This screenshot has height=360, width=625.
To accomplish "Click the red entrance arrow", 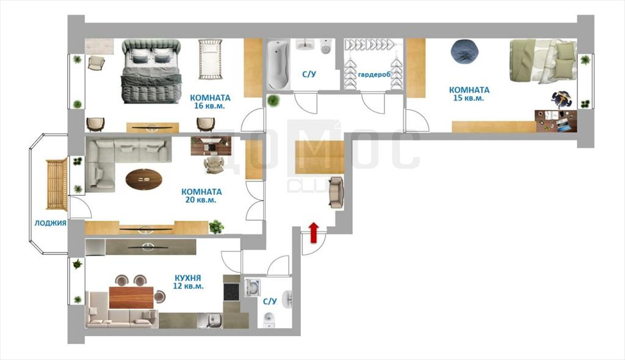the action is tap(314, 232).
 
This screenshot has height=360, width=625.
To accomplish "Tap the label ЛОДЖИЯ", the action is tap(50, 223).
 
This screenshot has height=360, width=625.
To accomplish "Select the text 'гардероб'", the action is tap(374, 74).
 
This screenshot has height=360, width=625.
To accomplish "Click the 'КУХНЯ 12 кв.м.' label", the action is tap(188, 282).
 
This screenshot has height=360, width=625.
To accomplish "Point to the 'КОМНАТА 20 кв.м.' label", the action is tap(201, 196).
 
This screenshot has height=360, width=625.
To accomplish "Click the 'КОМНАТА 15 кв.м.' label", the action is tap(469, 94).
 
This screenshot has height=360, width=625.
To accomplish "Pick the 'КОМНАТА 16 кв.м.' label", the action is tap(210, 102).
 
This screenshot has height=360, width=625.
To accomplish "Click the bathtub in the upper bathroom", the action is tap(278, 65).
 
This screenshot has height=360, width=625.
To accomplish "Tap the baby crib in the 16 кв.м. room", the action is tap(210, 59).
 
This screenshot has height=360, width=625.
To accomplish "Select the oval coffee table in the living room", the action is tap(144, 179).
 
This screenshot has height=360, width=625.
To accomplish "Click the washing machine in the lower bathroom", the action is tap(252, 287).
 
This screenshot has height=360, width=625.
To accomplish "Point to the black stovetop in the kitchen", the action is tap(231, 292).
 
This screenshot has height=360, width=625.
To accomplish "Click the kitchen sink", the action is tap(211, 320).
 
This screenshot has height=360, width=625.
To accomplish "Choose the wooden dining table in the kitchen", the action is tap(131, 297).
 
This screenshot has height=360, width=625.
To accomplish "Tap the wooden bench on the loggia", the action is tap(57, 185).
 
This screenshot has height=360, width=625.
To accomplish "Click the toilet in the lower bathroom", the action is tap(269, 320).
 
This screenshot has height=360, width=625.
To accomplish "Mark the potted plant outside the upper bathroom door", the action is tap(273, 101).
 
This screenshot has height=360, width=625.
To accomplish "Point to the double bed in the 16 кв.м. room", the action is tap(151, 71).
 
